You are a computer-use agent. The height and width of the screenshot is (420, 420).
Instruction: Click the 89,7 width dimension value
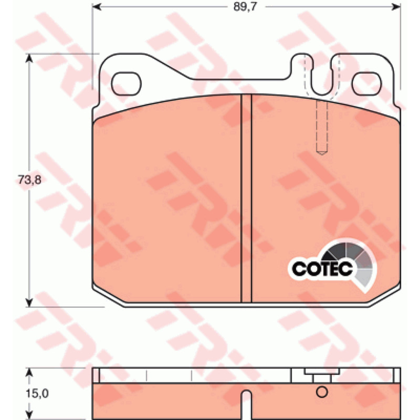coord(245,7)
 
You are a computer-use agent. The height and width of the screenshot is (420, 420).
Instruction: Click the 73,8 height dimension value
coord(29,180)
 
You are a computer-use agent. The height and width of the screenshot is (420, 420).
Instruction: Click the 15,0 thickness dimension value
coord(37,393)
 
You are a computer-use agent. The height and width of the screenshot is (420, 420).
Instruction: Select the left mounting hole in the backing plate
coord(126,84)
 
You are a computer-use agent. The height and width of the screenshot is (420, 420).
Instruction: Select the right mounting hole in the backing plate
coord(366,84)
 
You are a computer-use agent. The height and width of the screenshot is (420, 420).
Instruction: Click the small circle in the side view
coord(322,392)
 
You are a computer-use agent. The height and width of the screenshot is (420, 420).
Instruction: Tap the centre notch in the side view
coord(246,404)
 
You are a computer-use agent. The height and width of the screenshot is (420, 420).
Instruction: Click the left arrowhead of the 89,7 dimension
coord(97,7)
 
